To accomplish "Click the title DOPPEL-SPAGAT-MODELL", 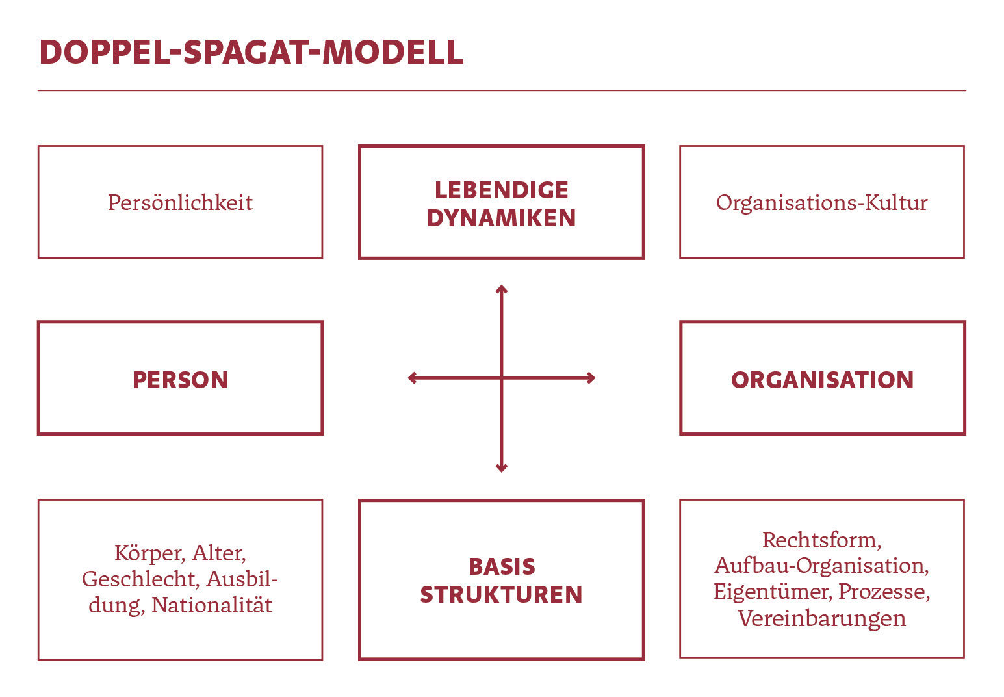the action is [251, 53].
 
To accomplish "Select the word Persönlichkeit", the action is [180, 202].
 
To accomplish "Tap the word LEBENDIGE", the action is [502, 190].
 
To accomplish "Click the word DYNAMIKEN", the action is [502, 218].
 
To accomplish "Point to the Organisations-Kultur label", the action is [821, 203].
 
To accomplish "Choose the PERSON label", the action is [180, 380].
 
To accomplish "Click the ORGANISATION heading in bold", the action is [822, 380].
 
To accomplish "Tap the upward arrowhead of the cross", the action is [502, 289].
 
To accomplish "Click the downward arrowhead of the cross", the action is [502, 467].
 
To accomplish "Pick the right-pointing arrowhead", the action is [591, 378].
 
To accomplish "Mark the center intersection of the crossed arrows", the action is [502, 378].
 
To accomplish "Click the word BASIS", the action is [502, 566].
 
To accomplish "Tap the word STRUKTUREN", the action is [502, 595].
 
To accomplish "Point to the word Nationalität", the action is [212, 605].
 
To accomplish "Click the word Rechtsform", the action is [821, 540].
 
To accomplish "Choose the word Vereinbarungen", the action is [821, 618].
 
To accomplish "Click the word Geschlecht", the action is [140, 579].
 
